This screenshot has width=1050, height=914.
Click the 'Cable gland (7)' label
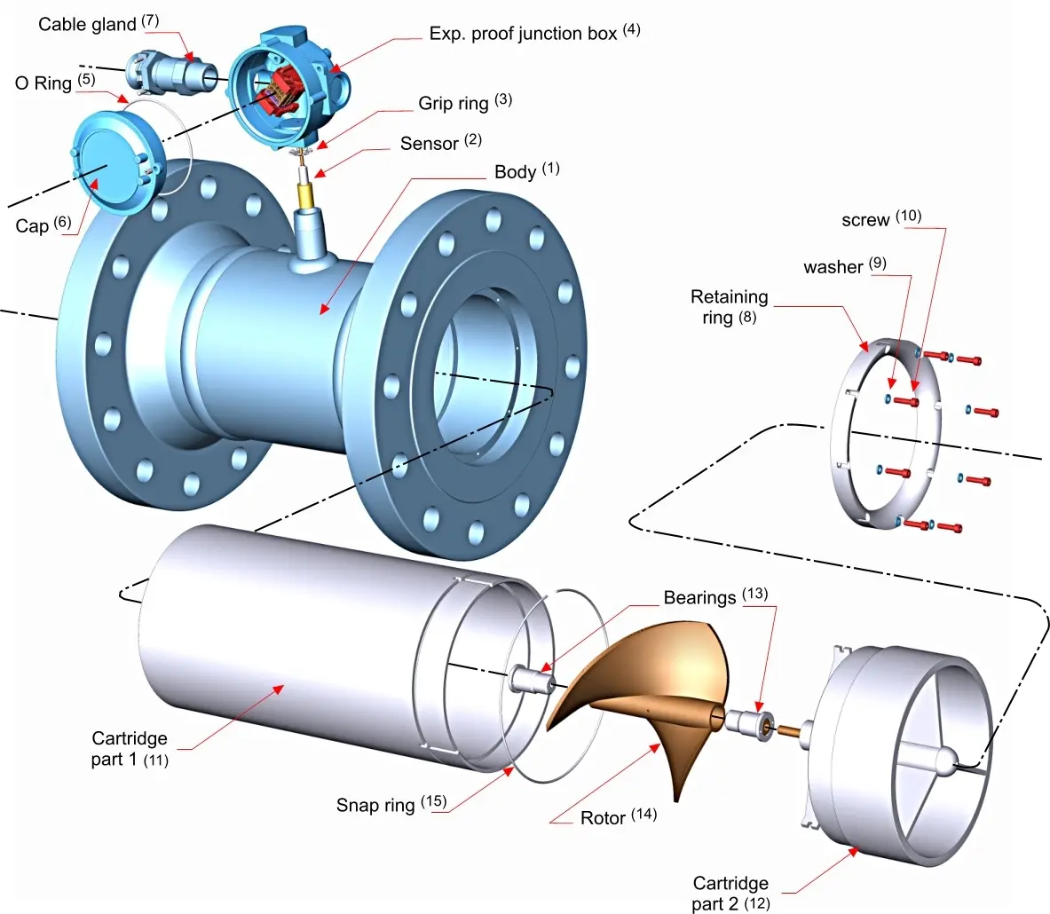pos(99,23)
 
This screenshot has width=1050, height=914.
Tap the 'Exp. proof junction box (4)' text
pos(534,33)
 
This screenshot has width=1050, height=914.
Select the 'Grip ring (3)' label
pos(465,102)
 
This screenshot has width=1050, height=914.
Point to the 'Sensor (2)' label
pos(440,143)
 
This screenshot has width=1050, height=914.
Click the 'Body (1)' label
pos(526,170)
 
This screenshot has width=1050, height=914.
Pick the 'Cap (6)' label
pos(43,225)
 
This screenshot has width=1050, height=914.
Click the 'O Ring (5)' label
pos(55,83)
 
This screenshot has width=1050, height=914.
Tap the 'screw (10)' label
pos(881,219)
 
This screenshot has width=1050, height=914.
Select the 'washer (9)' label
pos(844,266)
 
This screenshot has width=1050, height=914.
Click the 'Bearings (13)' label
pos(715,596)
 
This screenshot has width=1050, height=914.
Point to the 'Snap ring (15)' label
pos(391,804)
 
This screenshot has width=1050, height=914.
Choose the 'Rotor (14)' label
pos(618,817)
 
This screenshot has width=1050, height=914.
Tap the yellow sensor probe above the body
pos(308,195)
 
